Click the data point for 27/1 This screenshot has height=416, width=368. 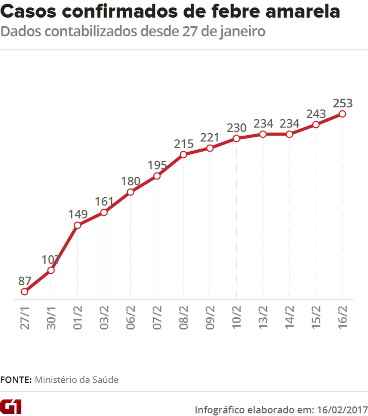pos(24,291)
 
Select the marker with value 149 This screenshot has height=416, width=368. pos(77,225)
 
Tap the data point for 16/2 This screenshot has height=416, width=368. pos(342,114)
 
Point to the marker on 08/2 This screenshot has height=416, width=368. pos(183,154)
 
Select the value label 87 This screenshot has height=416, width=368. pos(24,281)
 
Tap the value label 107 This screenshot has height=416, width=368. pos(51,259)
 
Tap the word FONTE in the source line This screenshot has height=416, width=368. pos(16,380)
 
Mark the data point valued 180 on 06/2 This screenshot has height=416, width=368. pos(130,192)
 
